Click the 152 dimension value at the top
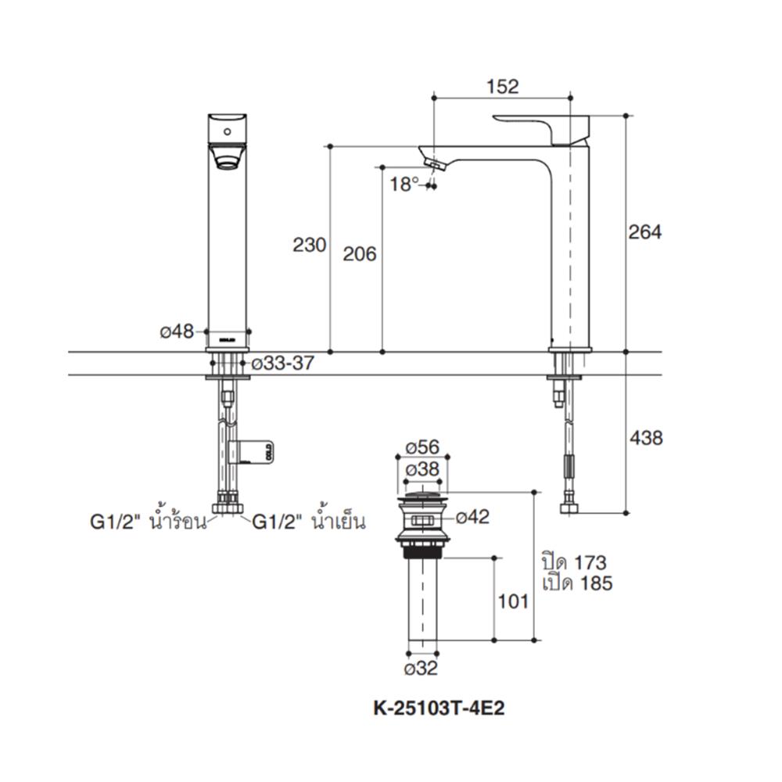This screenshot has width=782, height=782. [x=502, y=87]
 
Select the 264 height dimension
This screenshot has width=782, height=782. [x=645, y=232]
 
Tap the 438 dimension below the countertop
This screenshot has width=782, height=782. [x=646, y=438]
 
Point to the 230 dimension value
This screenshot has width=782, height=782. [x=309, y=245]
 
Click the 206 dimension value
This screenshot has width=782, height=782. [x=360, y=253]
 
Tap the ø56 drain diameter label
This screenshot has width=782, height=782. [x=423, y=448]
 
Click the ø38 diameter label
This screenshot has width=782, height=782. [x=423, y=470]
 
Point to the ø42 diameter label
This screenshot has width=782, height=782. [x=472, y=517]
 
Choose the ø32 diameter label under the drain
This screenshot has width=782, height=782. [x=421, y=669]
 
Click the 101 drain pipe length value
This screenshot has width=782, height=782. [x=513, y=601]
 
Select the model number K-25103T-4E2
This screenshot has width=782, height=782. [x=439, y=708]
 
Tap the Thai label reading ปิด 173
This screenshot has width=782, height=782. [x=573, y=562]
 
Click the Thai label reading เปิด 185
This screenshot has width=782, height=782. [x=576, y=583]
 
